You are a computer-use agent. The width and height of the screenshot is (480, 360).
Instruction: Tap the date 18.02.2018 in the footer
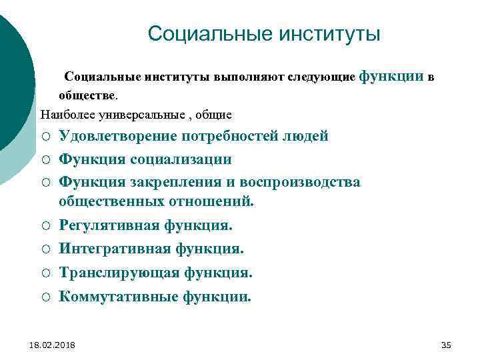coord(53,344)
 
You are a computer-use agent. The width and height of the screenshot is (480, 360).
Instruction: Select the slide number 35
coord(447,344)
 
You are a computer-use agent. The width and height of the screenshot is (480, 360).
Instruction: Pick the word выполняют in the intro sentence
coord(249,77)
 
